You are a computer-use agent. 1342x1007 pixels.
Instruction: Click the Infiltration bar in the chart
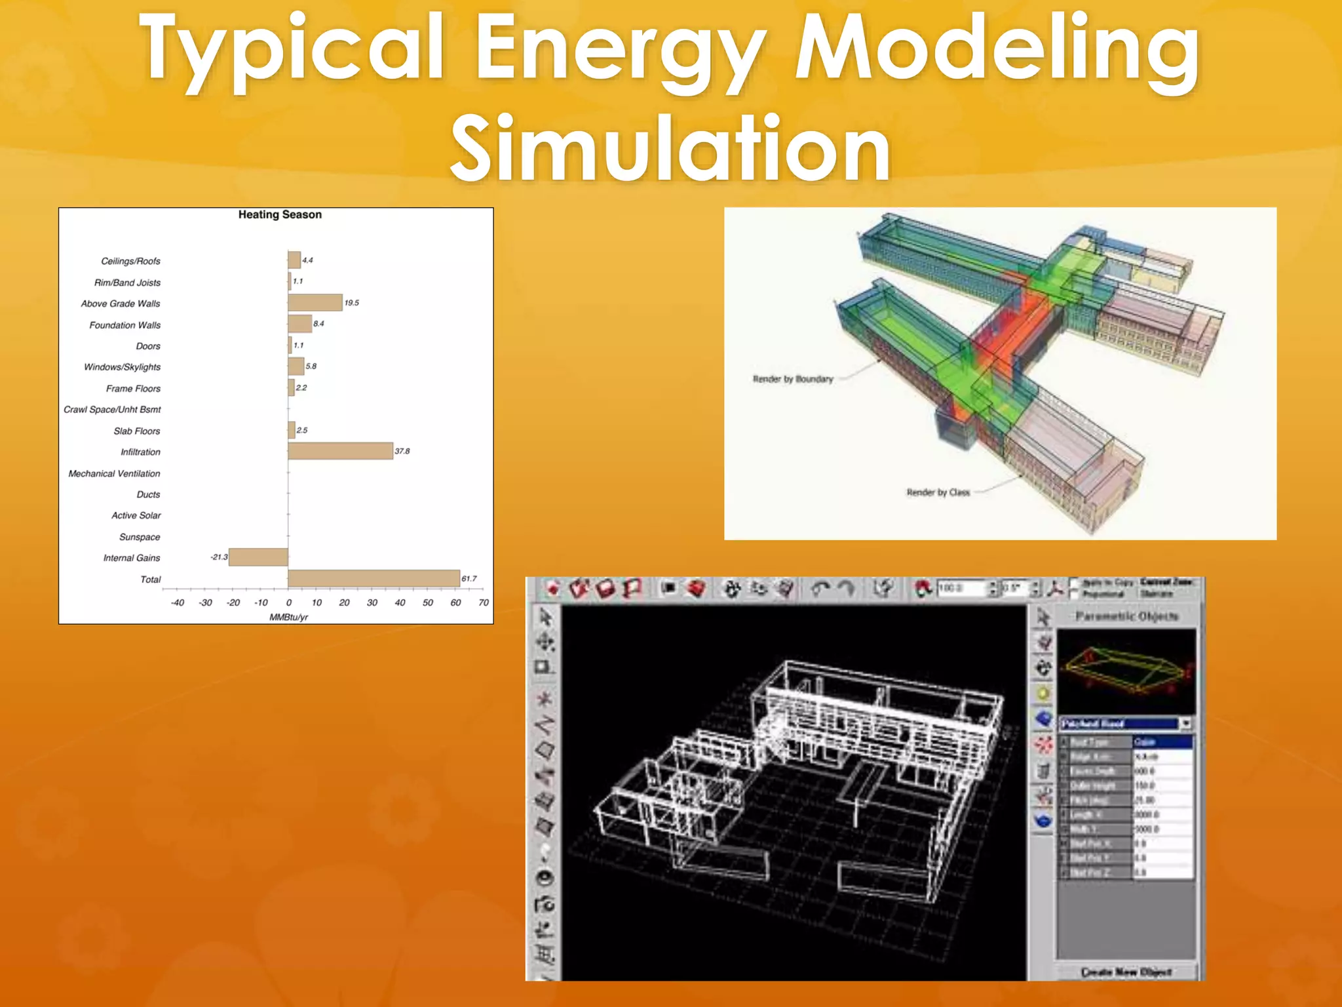[x=340, y=451]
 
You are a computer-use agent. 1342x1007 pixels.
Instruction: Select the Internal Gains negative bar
[x=258, y=557]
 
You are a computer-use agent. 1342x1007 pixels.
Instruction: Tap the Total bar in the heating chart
[x=374, y=578]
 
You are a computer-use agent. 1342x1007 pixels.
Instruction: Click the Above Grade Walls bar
[x=315, y=302]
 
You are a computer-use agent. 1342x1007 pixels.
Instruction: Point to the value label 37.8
[x=402, y=451]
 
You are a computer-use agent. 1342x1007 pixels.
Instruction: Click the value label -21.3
[x=219, y=557]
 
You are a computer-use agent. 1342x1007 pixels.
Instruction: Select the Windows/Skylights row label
[x=122, y=367]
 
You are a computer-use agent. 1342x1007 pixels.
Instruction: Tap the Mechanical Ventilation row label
[x=114, y=473]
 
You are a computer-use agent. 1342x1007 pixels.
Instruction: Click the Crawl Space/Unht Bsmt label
[x=112, y=410]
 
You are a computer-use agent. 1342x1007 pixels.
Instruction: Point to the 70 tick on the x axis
[x=484, y=602]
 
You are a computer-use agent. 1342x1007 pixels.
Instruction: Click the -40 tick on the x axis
[x=178, y=602]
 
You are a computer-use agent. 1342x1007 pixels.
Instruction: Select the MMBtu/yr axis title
[x=288, y=617]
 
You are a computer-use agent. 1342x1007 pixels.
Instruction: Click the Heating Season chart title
[x=280, y=214]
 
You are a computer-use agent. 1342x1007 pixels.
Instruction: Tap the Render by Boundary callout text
[x=793, y=379]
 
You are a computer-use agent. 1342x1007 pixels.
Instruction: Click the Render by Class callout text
[x=938, y=492]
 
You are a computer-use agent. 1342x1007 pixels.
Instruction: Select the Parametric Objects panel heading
[x=1127, y=616]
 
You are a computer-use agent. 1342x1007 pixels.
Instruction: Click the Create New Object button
[x=1126, y=972]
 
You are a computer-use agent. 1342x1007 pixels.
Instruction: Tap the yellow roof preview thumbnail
[x=1126, y=671]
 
